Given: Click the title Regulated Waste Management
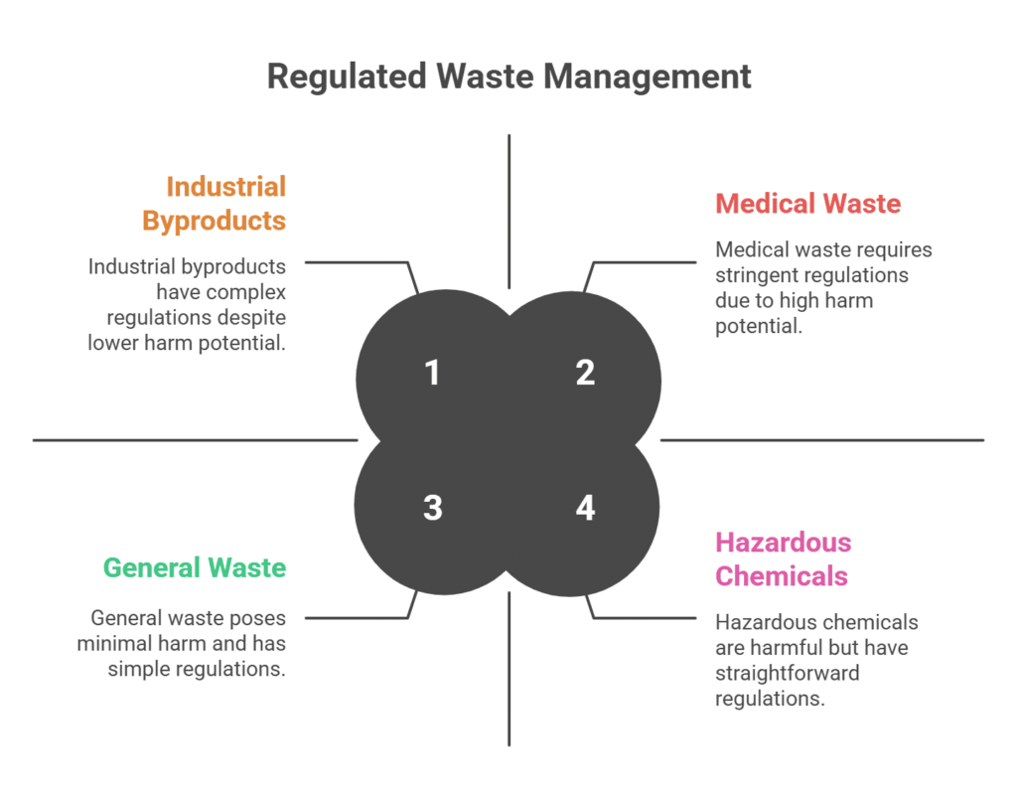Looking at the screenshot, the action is [509, 77].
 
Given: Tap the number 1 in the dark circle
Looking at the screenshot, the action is [432, 373].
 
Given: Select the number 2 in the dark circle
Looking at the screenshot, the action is [585, 373].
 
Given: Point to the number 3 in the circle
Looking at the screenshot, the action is [433, 507].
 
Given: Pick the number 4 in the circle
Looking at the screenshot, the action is [585, 507].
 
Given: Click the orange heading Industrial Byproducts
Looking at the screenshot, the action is [215, 203].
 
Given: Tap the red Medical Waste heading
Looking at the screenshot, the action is [808, 204].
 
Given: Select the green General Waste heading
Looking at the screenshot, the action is [195, 567].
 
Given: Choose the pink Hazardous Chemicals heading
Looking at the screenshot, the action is [783, 559].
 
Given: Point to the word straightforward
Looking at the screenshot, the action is [788, 674].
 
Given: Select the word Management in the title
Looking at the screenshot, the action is [648, 77].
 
